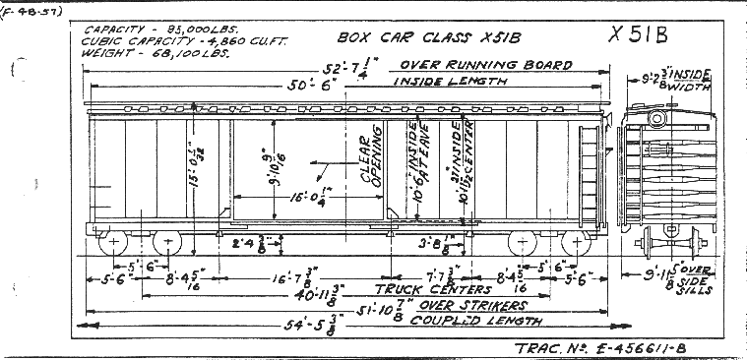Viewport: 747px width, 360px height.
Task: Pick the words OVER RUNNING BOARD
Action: coord(484,65)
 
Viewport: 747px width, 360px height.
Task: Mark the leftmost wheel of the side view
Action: coord(113,242)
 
